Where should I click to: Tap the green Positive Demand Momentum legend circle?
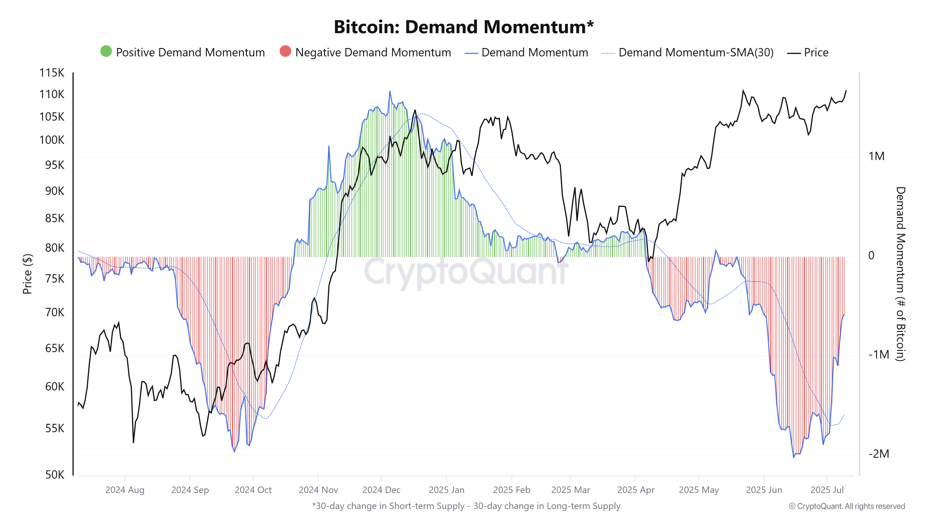106,52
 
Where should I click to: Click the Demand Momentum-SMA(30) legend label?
696,53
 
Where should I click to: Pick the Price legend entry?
816,53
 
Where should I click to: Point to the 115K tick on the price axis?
52,73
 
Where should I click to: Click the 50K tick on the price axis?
55,474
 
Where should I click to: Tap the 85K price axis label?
55,218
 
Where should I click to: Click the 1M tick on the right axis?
876,156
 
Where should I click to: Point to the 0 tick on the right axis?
871,255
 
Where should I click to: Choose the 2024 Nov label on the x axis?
318,490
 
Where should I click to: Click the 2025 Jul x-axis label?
827,490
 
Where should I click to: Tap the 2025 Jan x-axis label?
446,490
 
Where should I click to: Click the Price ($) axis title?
27,274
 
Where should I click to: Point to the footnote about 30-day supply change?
466,506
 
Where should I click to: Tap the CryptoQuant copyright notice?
847,506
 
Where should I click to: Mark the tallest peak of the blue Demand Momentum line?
390,91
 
